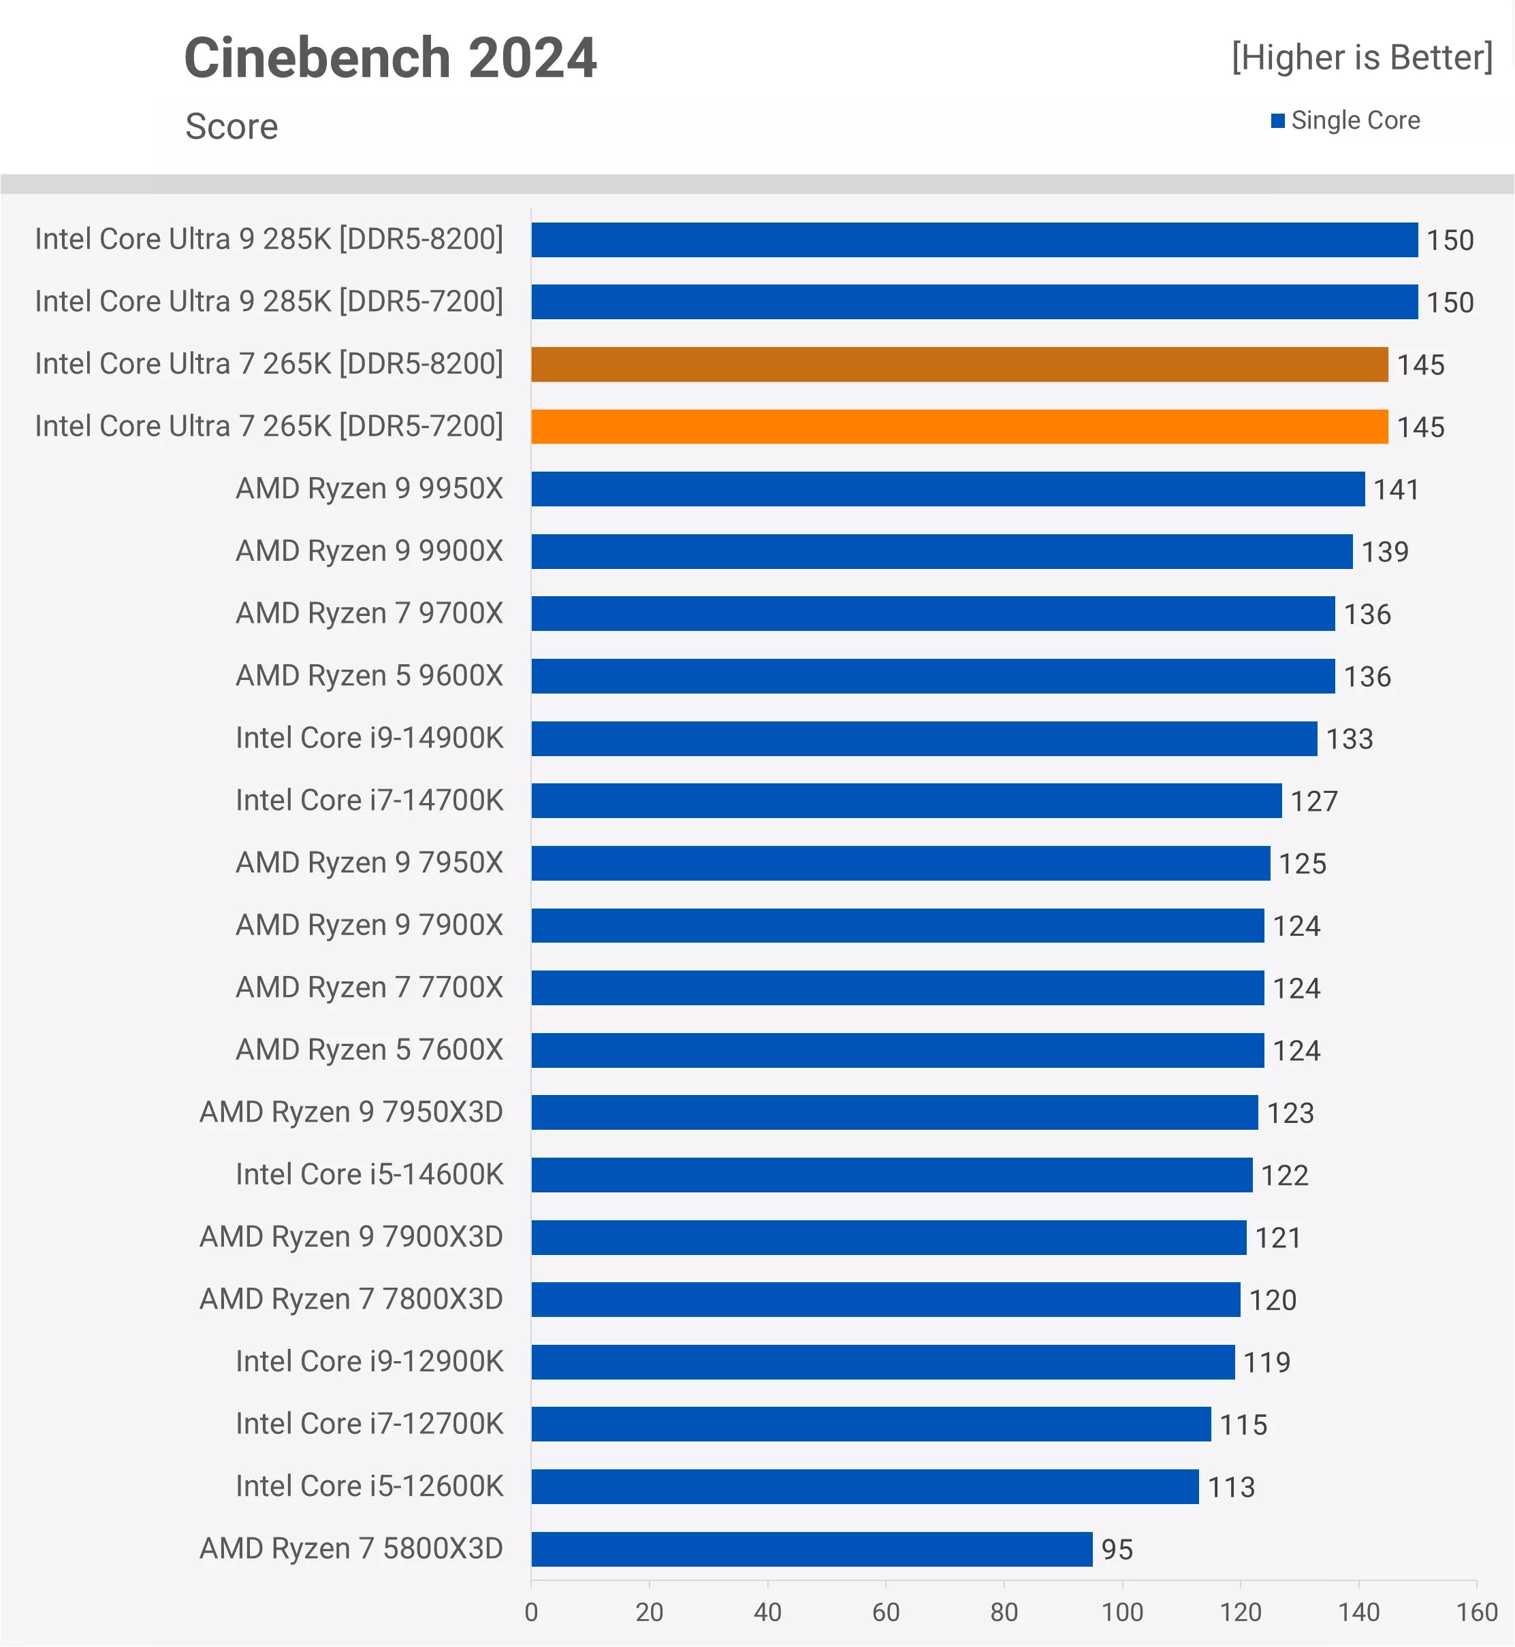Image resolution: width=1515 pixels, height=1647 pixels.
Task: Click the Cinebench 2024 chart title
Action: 390,58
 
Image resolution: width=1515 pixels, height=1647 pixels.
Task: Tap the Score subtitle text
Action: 232,126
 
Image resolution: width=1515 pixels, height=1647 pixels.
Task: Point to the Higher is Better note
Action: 1362,57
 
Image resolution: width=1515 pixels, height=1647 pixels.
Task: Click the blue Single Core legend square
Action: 1277,121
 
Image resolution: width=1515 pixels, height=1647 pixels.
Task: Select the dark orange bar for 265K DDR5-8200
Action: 959,364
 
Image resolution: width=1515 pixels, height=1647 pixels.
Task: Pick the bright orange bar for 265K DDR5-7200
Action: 959,426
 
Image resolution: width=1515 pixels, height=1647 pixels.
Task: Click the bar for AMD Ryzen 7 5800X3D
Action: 812,1549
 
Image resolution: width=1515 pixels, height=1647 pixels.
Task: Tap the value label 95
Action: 1117,1550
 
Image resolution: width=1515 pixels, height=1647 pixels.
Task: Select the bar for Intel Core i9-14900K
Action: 924,738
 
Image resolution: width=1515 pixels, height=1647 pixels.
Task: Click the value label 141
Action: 1395,489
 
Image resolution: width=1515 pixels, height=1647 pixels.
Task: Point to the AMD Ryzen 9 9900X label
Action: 369,551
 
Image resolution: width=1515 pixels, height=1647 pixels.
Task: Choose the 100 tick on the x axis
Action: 1121,1612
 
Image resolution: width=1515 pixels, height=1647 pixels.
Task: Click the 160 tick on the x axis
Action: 1476,1612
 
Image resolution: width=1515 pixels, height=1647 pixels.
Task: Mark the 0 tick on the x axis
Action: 531,1612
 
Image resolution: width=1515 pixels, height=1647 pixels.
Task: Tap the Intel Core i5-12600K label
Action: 369,1486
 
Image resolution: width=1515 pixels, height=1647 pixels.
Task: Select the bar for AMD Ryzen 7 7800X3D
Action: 885,1300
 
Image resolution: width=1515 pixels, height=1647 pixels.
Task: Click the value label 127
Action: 1313,800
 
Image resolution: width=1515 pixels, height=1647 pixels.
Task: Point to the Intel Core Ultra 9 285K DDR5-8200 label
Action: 269,240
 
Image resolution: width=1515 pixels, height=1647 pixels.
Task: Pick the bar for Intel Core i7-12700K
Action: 871,1424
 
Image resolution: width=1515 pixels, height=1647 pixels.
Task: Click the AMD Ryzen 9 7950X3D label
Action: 351,1112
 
